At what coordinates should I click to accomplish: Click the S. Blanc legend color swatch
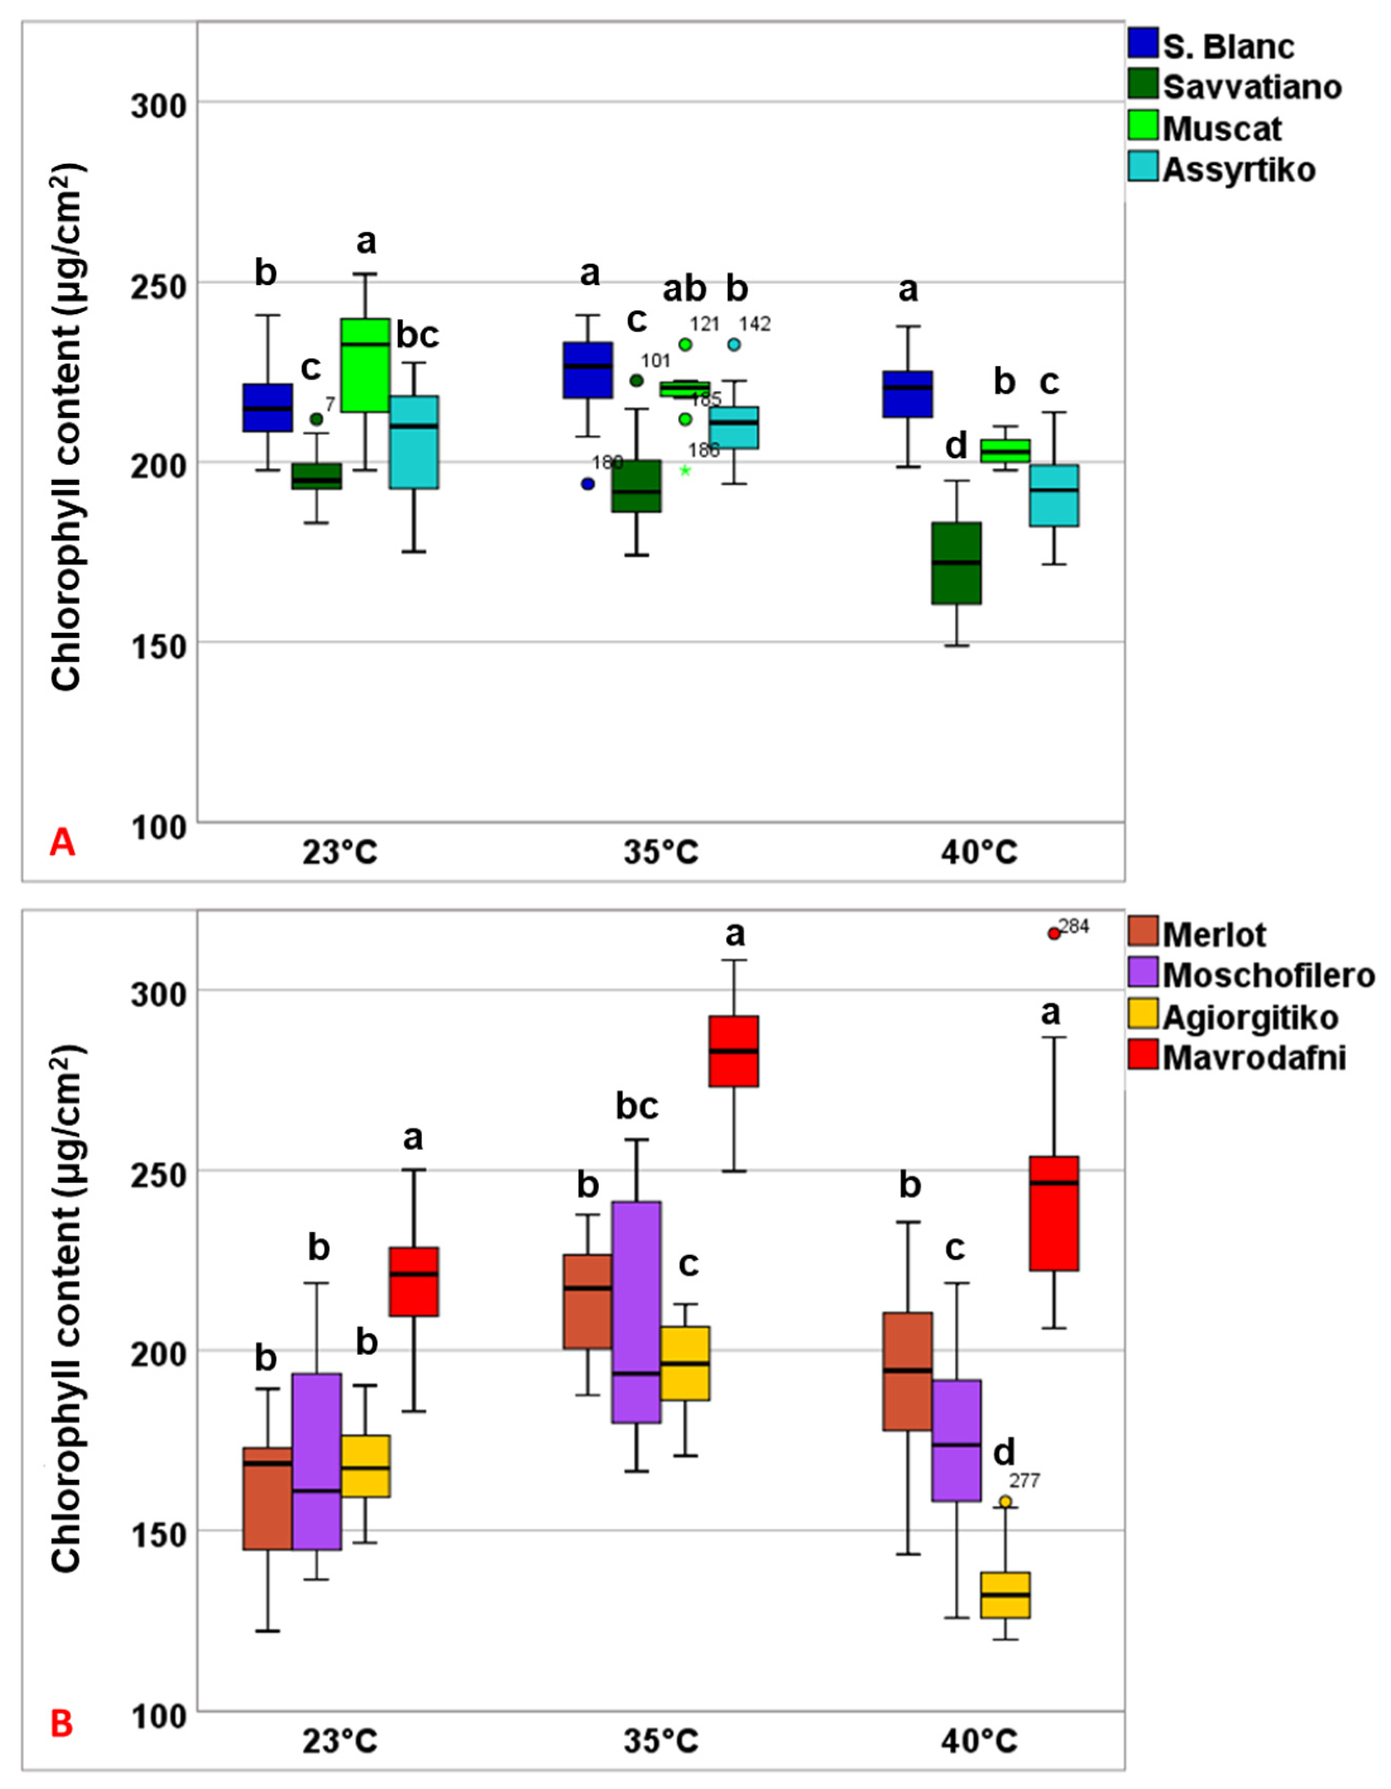[1142, 43]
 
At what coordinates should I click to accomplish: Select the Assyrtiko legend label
[1238, 170]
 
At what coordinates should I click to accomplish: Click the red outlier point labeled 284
[1054, 933]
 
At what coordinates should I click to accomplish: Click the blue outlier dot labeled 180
[587, 483]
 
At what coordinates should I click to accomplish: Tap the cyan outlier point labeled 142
[734, 345]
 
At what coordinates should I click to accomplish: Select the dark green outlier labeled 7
[316, 419]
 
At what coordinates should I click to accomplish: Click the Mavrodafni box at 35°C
[734, 1051]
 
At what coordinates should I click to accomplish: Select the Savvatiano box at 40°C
[957, 563]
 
